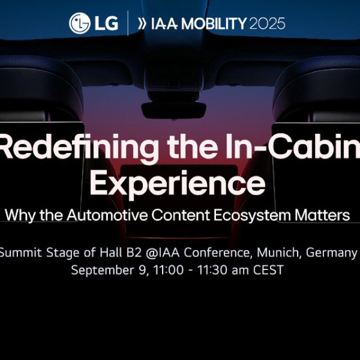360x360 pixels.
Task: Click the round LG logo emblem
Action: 79,23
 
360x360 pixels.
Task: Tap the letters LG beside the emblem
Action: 105,23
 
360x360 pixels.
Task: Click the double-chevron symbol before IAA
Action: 142,24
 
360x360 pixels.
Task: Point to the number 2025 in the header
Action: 267,24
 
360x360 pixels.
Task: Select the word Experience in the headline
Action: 178,183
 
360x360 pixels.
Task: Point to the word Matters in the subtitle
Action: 325,215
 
